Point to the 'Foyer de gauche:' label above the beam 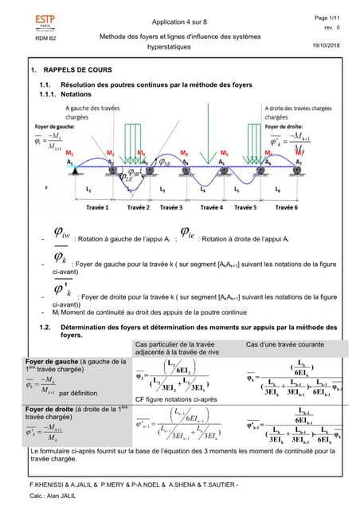[55, 126]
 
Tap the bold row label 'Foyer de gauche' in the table [50, 361]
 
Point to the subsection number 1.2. [45, 327]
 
